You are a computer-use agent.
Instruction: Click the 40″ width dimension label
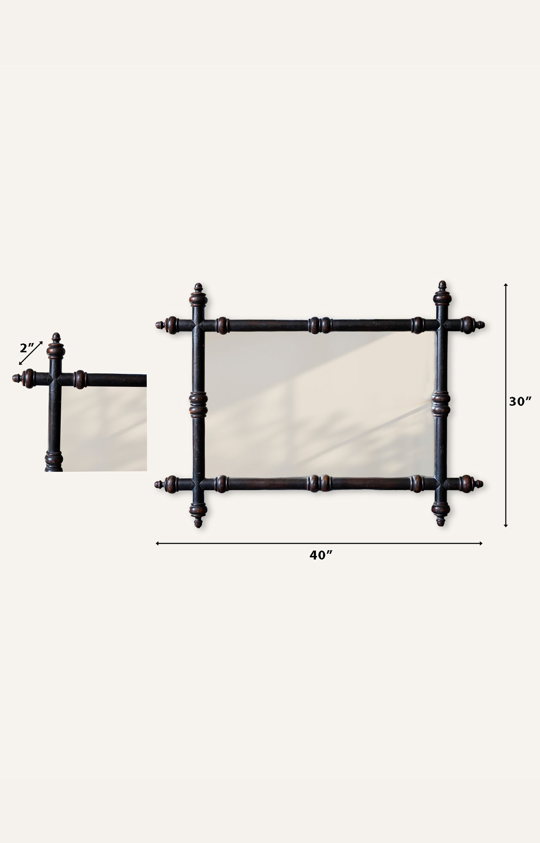(321, 556)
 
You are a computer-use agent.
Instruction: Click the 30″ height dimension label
(520, 401)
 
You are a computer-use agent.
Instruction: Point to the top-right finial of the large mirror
(442, 293)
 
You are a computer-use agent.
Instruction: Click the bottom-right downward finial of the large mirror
(441, 514)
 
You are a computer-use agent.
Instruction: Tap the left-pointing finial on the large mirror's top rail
(167, 325)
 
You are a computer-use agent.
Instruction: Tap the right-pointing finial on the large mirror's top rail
(472, 325)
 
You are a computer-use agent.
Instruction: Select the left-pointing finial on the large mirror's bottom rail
(166, 484)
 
